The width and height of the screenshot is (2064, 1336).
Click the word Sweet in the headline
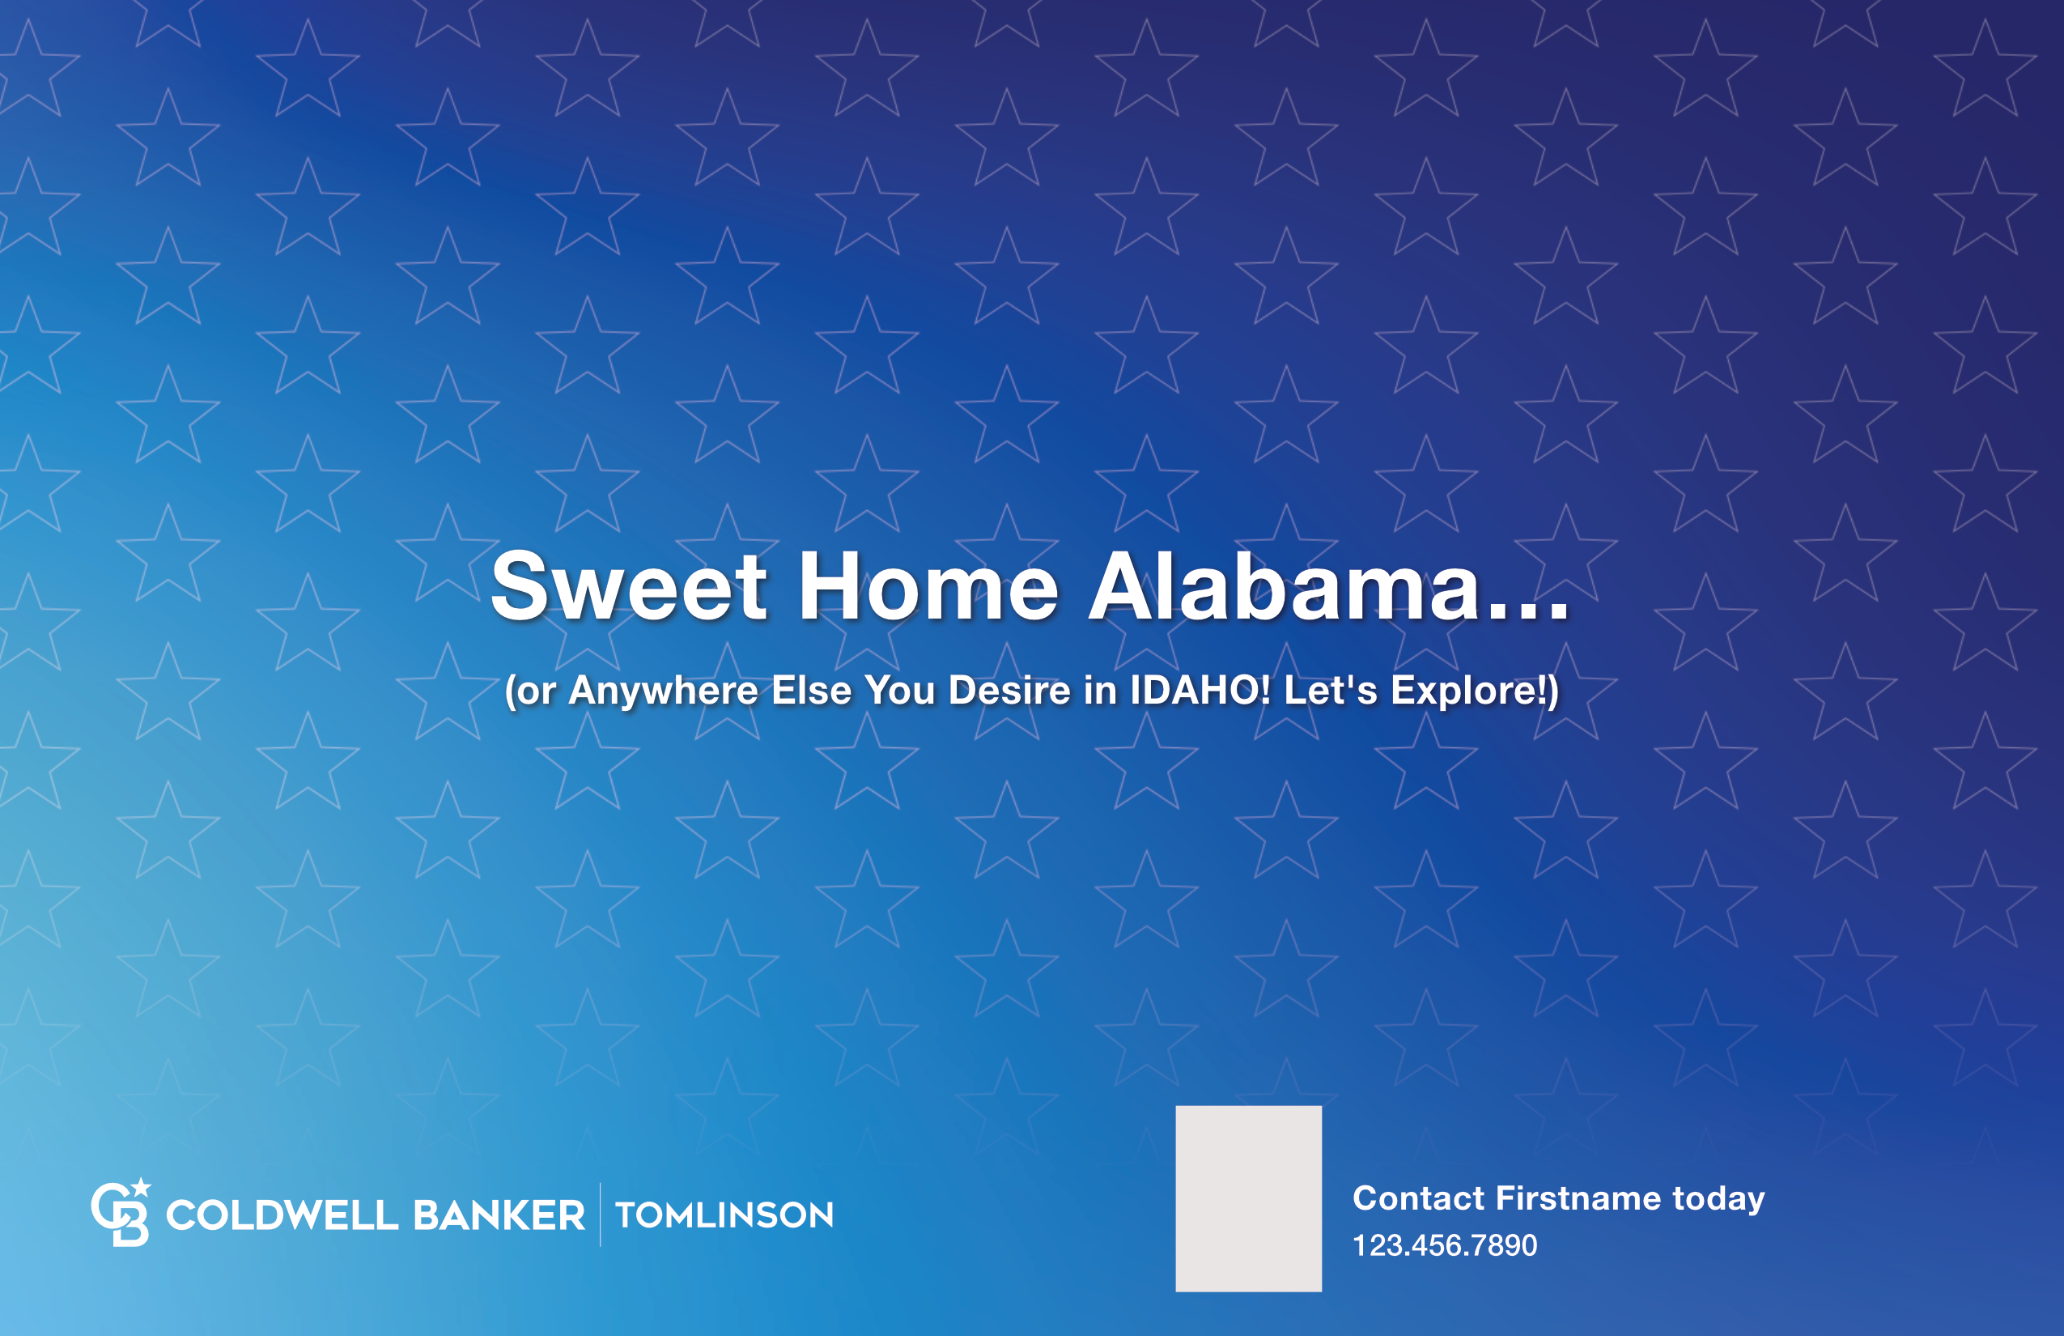pos(629,586)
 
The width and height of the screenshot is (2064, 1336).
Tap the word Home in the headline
pos(928,586)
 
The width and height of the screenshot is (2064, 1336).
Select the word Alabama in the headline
pos(1284,586)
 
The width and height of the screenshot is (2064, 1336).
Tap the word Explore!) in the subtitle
pos(1474,691)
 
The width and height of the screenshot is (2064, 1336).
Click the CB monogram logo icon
pos(121,1213)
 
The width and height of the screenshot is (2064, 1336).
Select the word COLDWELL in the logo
pos(282,1215)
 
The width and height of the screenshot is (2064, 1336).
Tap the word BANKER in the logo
pos(499,1215)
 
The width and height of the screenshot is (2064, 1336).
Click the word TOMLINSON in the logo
pos(724,1215)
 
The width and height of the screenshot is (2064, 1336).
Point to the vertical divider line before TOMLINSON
pos(600,1215)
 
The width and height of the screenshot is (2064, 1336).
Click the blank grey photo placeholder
pos(1249,1198)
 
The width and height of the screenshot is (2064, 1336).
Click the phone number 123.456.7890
pos(1445,1246)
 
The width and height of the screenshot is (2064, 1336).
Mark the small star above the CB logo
pos(142,1186)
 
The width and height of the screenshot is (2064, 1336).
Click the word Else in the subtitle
pos(811,691)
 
